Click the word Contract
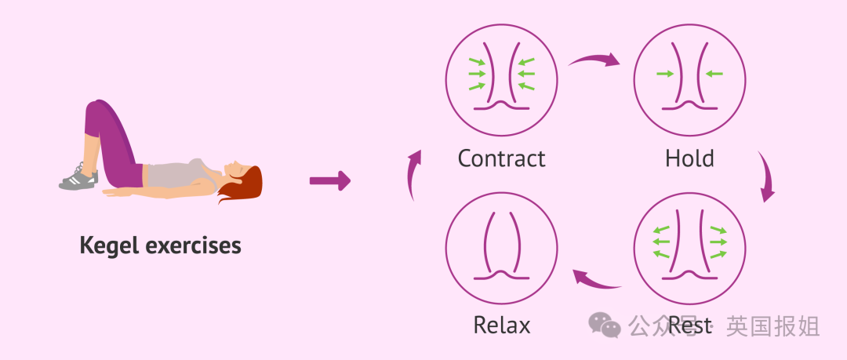click(x=501, y=158)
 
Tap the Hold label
click(x=689, y=158)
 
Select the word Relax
click(x=501, y=325)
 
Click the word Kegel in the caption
click(x=110, y=245)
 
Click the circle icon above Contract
click(x=502, y=78)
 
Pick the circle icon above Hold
click(x=689, y=78)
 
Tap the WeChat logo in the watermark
click(x=605, y=324)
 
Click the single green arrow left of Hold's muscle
click(x=665, y=74)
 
